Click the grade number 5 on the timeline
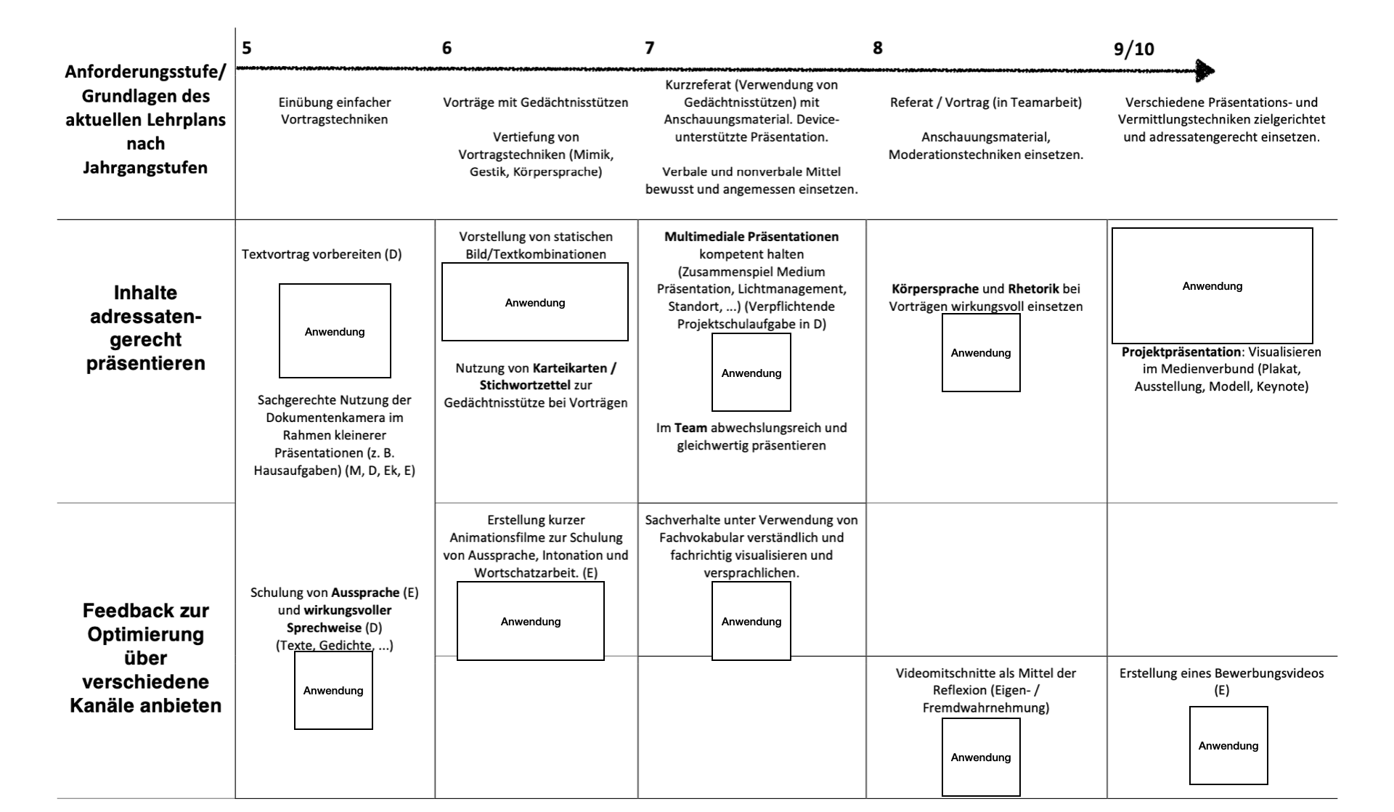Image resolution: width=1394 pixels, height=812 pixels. (x=247, y=48)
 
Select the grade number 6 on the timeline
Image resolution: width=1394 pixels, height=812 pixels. (x=447, y=48)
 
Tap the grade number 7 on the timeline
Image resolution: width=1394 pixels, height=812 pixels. (x=649, y=48)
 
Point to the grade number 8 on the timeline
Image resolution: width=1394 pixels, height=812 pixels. (x=878, y=48)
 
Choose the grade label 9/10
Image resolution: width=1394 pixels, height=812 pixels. (x=1133, y=49)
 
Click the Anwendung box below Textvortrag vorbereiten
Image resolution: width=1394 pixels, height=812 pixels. (x=335, y=331)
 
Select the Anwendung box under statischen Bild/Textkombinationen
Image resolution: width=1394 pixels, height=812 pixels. (x=535, y=302)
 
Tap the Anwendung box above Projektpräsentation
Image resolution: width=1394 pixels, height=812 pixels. (x=1212, y=285)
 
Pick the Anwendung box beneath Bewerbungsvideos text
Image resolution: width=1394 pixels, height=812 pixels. (x=1228, y=745)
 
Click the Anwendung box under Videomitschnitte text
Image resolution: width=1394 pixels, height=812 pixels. (x=981, y=757)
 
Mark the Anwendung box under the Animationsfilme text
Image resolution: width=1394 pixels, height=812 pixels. (x=531, y=621)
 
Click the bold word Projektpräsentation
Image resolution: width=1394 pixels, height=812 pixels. (x=1181, y=352)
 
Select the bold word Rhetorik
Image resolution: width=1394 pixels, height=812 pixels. (x=1034, y=288)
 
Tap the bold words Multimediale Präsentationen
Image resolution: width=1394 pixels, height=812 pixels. (x=751, y=237)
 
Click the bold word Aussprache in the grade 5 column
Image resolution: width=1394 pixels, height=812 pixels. (x=365, y=593)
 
